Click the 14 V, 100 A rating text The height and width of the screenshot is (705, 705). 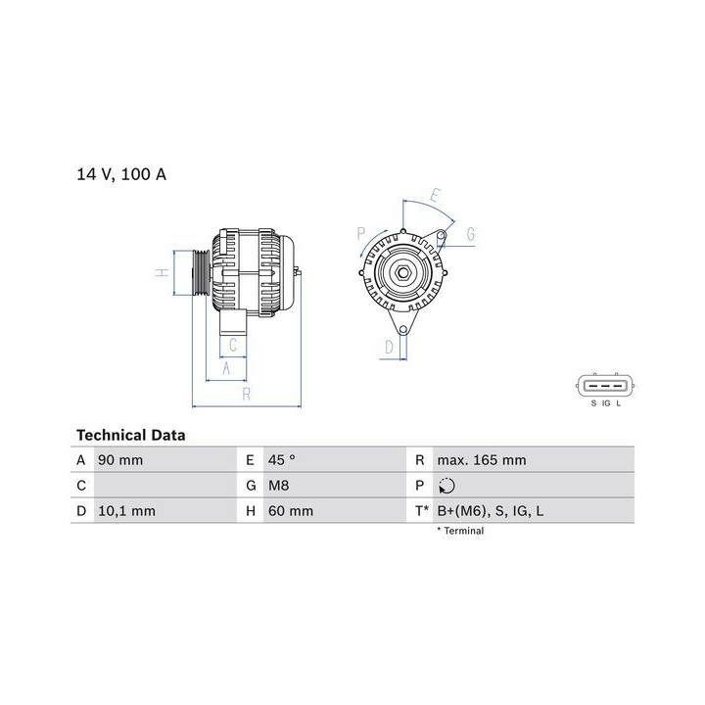coord(121,174)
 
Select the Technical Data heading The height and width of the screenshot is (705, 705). coord(131,435)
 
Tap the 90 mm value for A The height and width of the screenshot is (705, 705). coord(120,460)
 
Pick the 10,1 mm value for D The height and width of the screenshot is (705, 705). coord(126,511)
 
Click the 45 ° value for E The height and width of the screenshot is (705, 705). coord(282,460)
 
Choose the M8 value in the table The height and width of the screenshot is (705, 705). coord(279,486)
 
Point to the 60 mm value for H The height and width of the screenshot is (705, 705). coord(291,511)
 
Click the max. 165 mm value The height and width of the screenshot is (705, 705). coord(482,460)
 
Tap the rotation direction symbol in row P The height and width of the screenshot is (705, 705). coord(446,486)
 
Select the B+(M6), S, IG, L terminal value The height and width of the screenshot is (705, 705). coord(491,511)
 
